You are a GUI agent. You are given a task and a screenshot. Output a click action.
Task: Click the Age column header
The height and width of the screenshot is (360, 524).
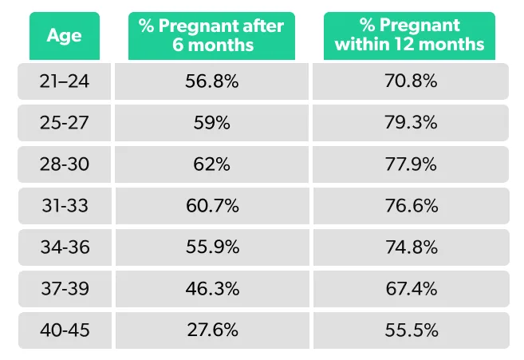[64, 35]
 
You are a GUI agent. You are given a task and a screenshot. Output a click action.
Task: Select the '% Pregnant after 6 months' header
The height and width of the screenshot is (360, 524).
[211, 35]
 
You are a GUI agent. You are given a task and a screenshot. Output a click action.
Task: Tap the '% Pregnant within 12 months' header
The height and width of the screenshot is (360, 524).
[409, 35]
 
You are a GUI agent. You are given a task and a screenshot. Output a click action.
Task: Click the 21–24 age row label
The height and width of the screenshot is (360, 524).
[64, 81]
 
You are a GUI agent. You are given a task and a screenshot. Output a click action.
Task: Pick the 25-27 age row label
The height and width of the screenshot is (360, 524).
[64, 123]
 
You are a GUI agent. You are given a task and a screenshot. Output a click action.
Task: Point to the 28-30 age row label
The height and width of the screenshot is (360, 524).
[64, 164]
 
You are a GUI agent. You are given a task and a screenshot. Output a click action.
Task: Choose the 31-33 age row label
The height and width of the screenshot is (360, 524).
[64, 206]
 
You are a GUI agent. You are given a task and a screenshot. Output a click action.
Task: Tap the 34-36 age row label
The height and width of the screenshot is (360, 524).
[64, 247]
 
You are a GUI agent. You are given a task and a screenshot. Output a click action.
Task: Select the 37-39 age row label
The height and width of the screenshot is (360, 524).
[64, 289]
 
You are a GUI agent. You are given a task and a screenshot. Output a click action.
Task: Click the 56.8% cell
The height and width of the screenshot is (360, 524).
[211, 81]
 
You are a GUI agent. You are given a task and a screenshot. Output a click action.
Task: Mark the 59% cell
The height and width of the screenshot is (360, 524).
[211, 123]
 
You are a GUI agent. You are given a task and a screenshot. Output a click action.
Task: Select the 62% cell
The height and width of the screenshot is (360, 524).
[211, 164]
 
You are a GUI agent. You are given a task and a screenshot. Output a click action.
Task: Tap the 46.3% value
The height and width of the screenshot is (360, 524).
[211, 289]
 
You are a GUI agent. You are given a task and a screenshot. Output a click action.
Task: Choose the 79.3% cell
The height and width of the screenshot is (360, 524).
[409, 123]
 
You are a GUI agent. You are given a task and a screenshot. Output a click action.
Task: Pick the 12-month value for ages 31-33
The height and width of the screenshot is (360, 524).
[409, 206]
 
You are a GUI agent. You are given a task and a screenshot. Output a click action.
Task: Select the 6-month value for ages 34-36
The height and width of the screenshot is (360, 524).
[211, 247]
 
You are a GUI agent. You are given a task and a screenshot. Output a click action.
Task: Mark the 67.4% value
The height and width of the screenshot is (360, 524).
[409, 289]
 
